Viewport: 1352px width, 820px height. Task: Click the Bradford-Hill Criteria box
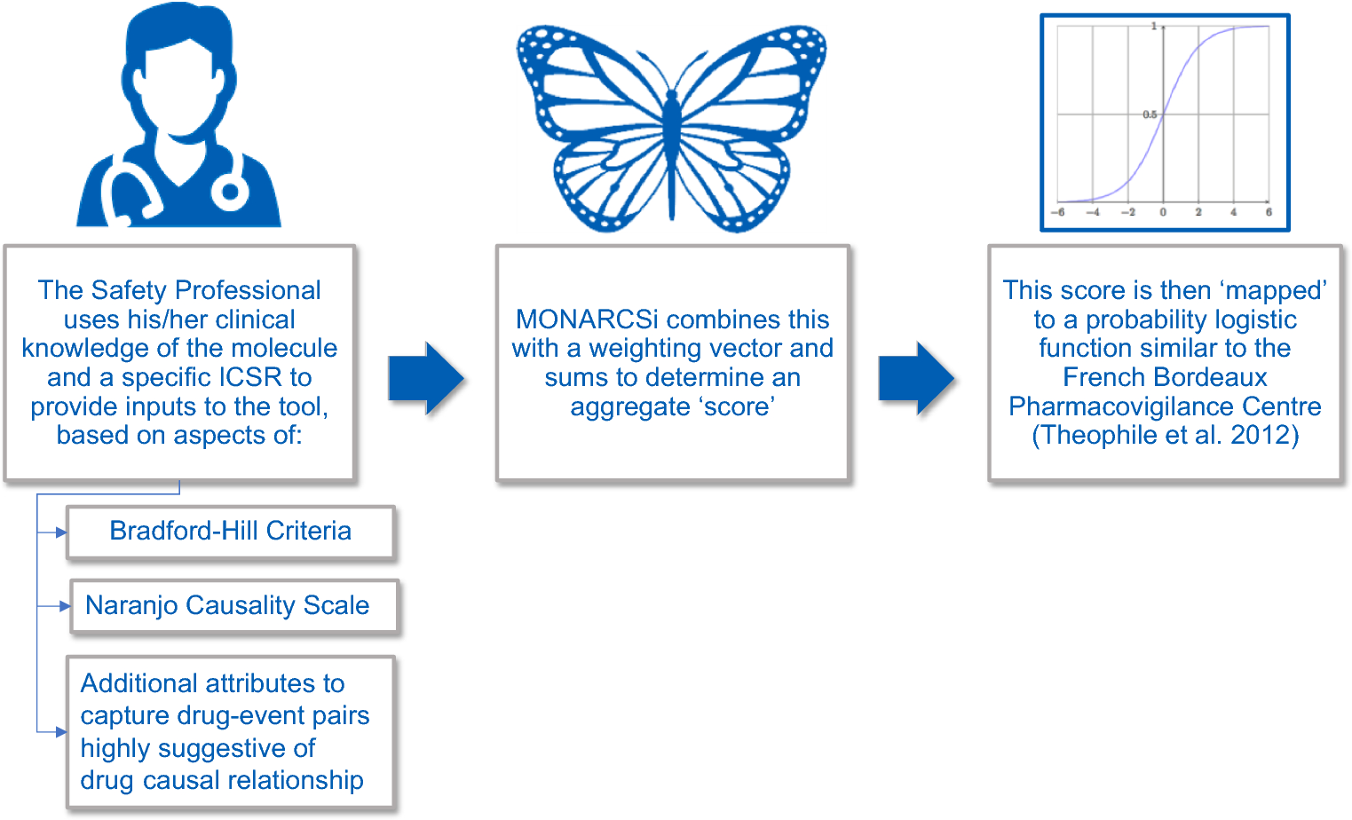pyautogui.click(x=230, y=532)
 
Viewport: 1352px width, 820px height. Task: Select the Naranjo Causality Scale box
pyautogui.click(x=234, y=606)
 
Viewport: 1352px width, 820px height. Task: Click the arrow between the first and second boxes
pyautogui.click(x=426, y=378)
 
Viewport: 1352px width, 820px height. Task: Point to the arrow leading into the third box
pyautogui.click(x=916, y=378)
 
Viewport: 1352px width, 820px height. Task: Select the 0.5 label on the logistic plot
pyautogui.click(x=1150, y=114)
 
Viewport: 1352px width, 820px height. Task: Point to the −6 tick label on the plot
pyautogui.click(x=1057, y=213)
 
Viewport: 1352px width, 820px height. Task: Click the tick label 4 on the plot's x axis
pyautogui.click(x=1233, y=213)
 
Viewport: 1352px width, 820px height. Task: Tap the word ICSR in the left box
pyautogui.click(x=251, y=377)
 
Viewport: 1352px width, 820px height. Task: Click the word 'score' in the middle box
pyautogui.click(x=739, y=406)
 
